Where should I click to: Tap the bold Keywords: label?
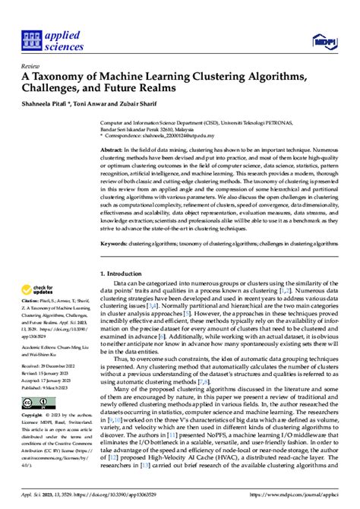pyautogui.click(x=115, y=243)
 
